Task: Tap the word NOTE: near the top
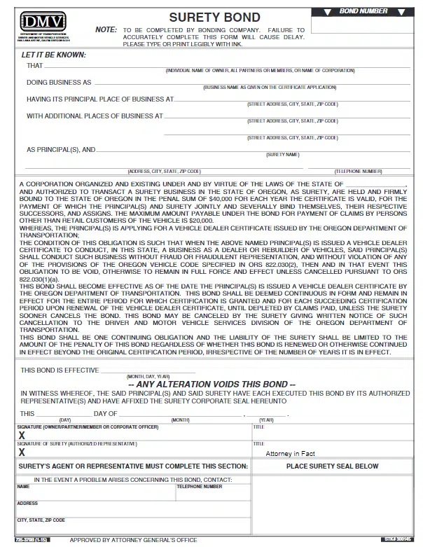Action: point(106,29)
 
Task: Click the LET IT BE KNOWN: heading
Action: point(54,54)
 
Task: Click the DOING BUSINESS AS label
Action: point(59,82)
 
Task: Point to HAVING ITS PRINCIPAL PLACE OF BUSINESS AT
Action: point(100,99)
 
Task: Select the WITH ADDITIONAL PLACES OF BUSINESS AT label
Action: point(95,116)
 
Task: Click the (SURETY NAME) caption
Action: point(282,154)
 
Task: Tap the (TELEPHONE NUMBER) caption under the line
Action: point(358,171)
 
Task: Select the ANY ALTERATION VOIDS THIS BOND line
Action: point(211,385)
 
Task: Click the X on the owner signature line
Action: point(22,436)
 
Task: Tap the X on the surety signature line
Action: point(22,452)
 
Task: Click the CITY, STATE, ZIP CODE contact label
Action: point(41,520)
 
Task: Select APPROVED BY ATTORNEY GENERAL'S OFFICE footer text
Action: point(134,540)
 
